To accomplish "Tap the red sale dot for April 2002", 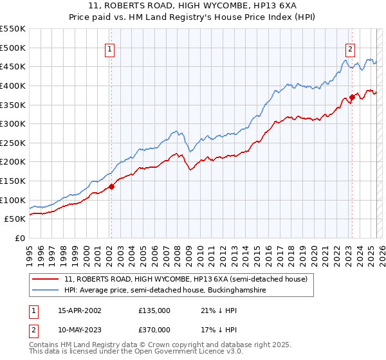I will tap(111, 187).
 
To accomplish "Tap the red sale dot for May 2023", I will tap(352, 97).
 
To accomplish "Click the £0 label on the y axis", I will tap(21, 238).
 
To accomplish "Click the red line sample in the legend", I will tap(46, 280).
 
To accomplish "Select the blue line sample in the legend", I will tap(46, 291).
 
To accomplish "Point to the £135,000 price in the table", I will tap(154, 310).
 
